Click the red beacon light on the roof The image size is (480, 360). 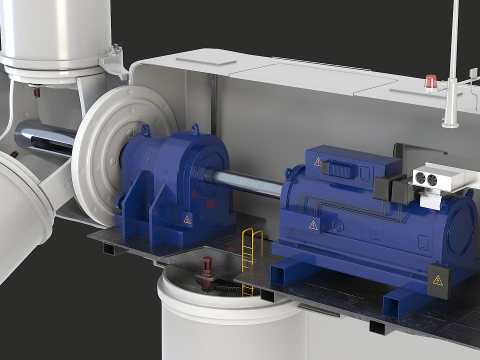point(431,80)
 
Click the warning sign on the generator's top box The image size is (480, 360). point(318,161)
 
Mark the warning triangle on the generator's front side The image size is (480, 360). point(313,224)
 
